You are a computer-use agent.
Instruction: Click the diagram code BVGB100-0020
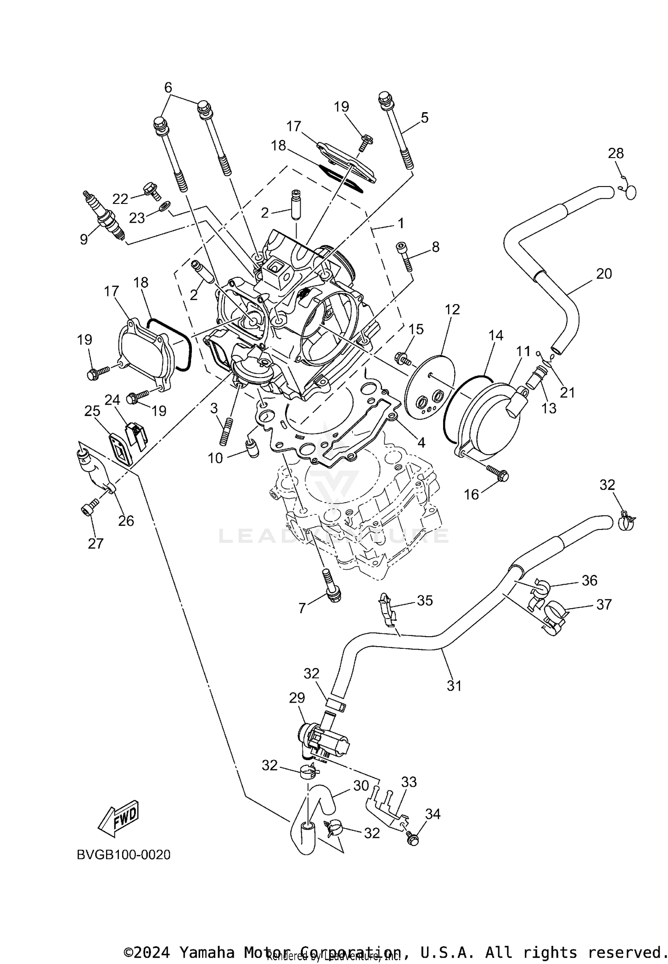[x=123, y=855]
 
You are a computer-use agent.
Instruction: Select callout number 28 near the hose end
[x=616, y=153]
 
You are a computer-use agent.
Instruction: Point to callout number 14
[x=496, y=335]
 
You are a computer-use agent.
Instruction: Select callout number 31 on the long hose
[x=454, y=686]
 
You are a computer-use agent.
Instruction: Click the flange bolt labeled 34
[x=412, y=839]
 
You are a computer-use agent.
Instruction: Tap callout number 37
[x=604, y=605]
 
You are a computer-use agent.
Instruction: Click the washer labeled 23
[x=165, y=206]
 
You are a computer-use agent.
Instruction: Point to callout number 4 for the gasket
[x=421, y=442]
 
